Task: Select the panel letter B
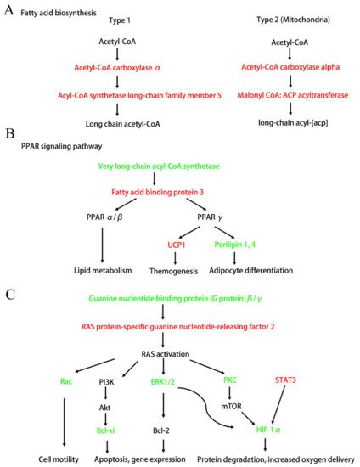[8, 133]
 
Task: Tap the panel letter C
[8, 294]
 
